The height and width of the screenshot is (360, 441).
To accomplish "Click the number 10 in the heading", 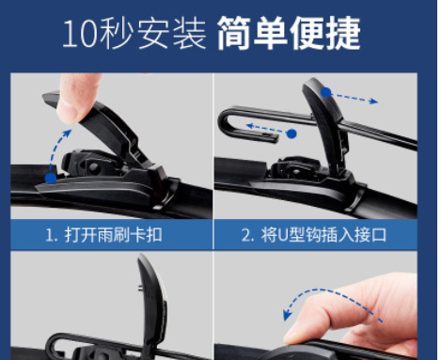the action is [x=79, y=33].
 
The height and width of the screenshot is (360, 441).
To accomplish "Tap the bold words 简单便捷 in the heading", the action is [x=289, y=33].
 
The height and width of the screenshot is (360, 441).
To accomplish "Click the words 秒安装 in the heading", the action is [x=152, y=33].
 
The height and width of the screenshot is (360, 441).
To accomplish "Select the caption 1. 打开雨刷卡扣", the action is [x=103, y=235].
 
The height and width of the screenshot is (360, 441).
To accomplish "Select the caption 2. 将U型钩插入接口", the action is [x=314, y=235].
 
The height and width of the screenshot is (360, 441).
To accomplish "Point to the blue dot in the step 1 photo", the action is [x=51, y=178].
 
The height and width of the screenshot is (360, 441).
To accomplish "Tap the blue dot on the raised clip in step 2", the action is [x=326, y=92].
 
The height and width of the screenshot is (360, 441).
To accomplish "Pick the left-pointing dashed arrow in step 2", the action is [x=266, y=129].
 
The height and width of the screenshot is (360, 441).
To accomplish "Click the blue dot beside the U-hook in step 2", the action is [x=291, y=133].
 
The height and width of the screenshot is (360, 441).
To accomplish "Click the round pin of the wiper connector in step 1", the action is [x=93, y=167].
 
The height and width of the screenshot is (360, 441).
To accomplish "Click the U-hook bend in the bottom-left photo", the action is [x=52, y=346].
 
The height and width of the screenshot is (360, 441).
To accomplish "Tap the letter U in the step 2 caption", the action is [x=282, y=235].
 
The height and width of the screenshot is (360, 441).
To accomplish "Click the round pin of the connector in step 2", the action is [x=295, y=173].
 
